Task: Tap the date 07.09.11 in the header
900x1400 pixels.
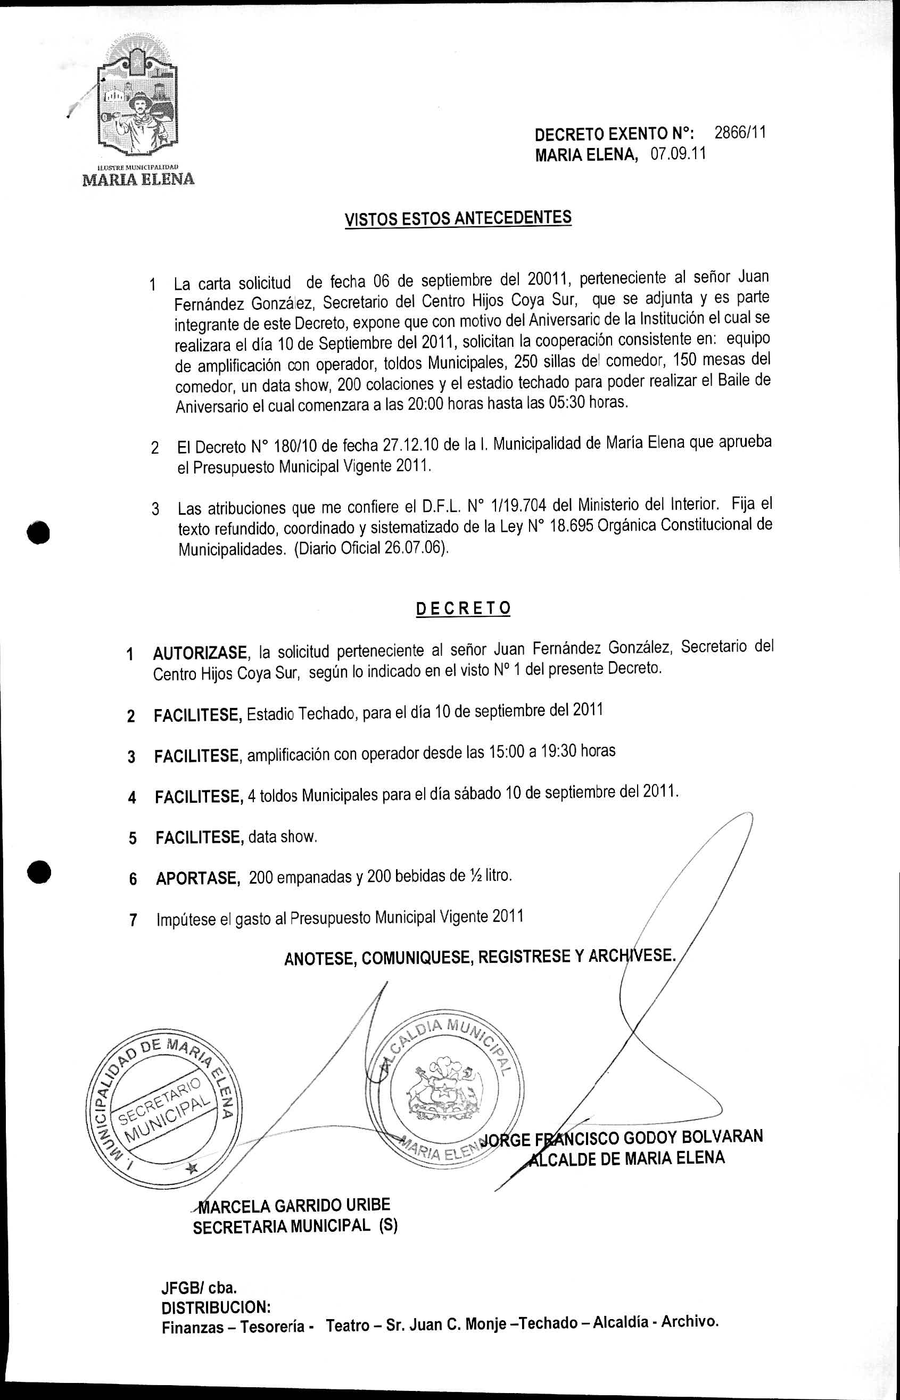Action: pos(678,154)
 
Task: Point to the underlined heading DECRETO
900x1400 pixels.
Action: pos(463,608)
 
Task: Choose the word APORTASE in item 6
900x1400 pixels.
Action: pos(198,878)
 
